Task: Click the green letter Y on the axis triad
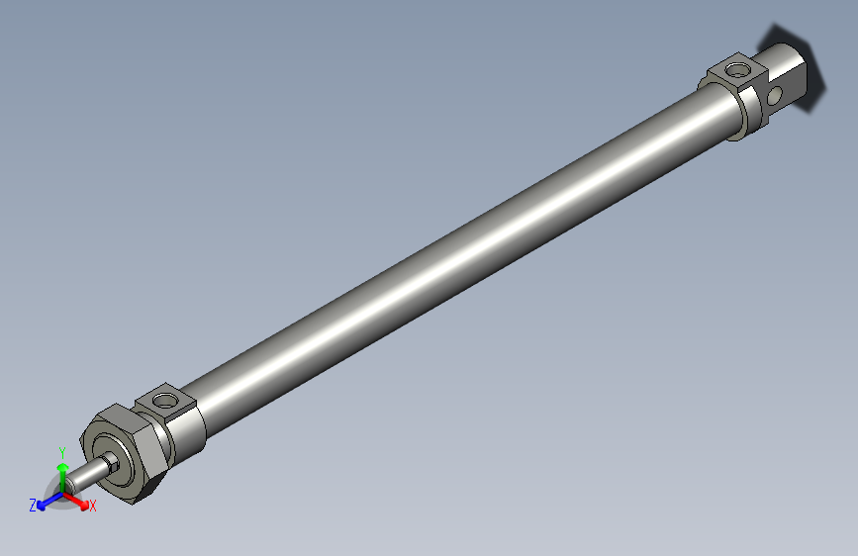[61, 449]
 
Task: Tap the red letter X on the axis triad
[93, 507]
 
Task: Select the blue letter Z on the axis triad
[33, 505]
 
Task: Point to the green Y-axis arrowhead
[61, 463]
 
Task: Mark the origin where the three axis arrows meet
[62, 495]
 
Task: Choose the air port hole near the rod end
[163, 402]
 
